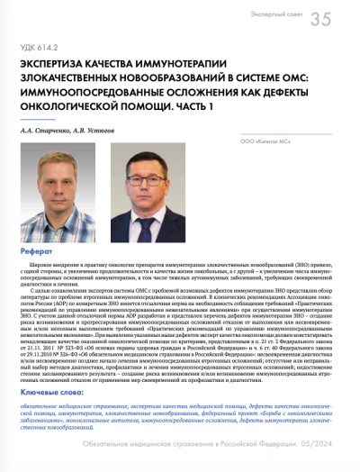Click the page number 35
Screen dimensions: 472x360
(321, 20)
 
